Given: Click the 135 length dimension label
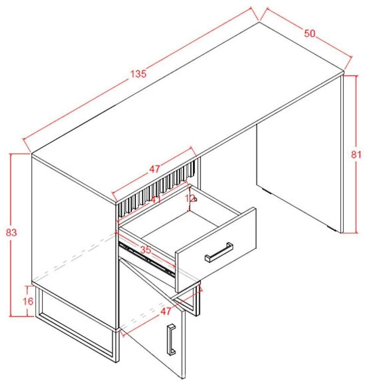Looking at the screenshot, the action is (x=138, y=74).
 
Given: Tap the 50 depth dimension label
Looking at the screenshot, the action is (x=309, y=33).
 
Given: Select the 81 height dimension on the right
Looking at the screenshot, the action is (x=356, y=155).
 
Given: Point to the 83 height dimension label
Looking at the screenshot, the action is (x=11, y=232).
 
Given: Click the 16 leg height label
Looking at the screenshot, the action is (x=28, y=301).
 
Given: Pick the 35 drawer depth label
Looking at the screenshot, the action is (x=145, y=250).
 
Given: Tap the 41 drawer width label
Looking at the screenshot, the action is (x=155, y=200).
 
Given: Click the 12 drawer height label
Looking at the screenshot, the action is (x=190, y=198).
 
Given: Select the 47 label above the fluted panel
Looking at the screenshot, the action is (x=155, y=169).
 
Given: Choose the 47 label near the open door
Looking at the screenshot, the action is (x=166, y=311).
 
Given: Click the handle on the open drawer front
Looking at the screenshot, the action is (x=219, y=252).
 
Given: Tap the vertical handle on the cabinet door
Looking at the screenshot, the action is (x=171, y=339).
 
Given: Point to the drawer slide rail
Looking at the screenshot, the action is (x=147, y=259).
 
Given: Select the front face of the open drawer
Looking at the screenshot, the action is (x=216, y=250).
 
